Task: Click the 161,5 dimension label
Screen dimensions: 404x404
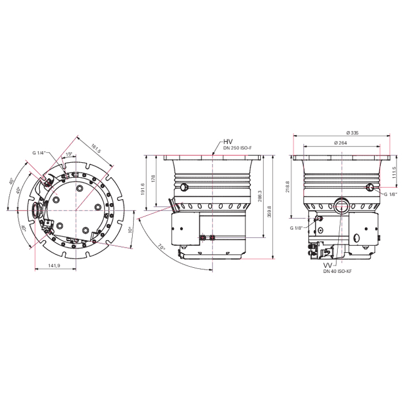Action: click(x=96, y=149)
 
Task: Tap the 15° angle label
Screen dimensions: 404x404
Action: click(x=69, y=154)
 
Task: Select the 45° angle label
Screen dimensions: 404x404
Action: click(x=12, y=181)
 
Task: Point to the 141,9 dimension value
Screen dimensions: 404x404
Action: click(x=54, y=265)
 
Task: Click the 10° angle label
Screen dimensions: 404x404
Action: click(x=130, y=230)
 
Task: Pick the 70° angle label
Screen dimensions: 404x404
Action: click(x=161, y=247)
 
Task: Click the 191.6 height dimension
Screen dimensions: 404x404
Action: click(x=143, y=189)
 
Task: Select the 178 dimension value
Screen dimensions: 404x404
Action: click(x=154, y=178)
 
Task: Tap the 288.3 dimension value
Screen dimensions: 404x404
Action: click(x=260, y=196)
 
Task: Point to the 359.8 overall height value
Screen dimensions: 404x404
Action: click(x=270, y=212)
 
